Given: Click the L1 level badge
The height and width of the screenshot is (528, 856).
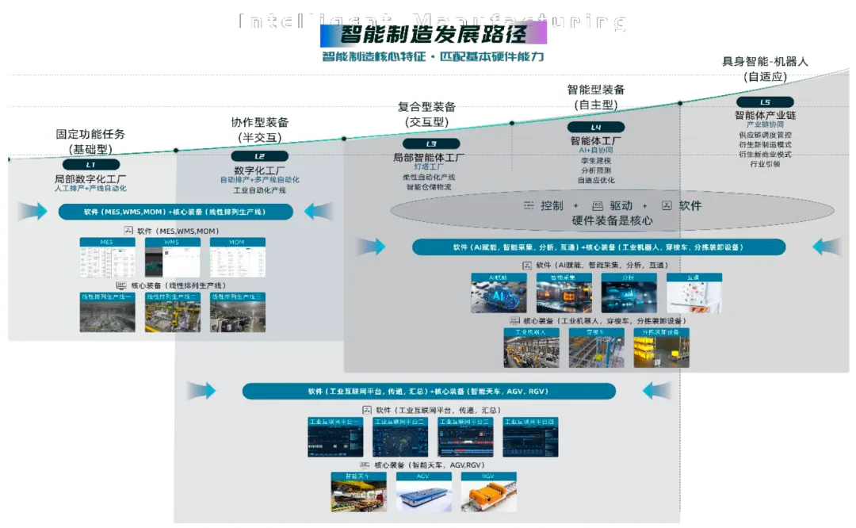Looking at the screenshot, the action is pos(90,164).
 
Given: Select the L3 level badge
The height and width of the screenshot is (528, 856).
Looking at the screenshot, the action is pos(430,143).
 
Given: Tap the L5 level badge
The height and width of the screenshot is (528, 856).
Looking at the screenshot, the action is pos(764,102).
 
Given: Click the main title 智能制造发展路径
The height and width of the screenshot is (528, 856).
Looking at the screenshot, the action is pos(434,34).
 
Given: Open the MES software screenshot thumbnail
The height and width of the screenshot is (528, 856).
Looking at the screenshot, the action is pos(107,258).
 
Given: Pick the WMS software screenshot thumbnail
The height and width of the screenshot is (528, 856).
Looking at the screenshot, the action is pos(172,258).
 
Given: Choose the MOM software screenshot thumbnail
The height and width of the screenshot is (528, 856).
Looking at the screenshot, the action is pos(237,258).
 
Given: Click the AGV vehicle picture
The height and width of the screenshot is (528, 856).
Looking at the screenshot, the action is pos(423,492).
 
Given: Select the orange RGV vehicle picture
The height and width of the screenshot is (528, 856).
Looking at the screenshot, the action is pos(488,492).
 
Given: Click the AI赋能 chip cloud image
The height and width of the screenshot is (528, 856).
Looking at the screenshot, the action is pos(499,293).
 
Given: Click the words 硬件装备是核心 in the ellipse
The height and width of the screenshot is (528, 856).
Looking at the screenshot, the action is pos(613,221).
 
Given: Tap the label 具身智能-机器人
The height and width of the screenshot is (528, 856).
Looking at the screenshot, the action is pos(765,62).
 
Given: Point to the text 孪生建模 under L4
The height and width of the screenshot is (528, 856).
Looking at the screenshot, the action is pos(595,161).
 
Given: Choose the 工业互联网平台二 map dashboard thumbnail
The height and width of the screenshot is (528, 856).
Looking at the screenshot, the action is pos(400,437).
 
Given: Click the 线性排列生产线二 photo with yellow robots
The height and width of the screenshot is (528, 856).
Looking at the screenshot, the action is pos(172,313).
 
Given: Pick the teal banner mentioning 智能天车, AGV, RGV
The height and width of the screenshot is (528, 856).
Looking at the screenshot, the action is pos(429,392).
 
